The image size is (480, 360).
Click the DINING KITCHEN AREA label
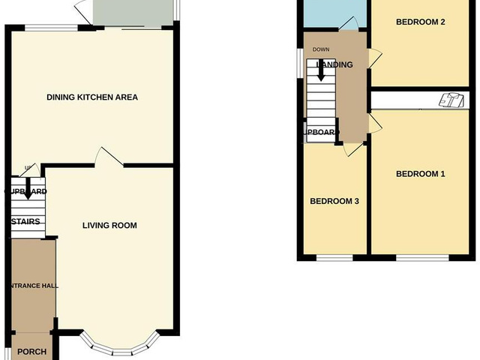[x=92, y=97]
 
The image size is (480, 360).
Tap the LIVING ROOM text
[x=109, y=225]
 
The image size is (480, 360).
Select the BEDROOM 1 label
[x=421, y=174]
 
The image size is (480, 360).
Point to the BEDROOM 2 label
[x=421, y=22]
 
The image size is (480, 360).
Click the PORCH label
[x=31, y=352]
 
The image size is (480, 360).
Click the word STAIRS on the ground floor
[x=25, y=221]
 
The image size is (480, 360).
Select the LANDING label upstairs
[x=334, y=65]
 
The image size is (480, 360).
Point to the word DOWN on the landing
[x=321, y=49]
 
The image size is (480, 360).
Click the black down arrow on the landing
[x=321, y=69]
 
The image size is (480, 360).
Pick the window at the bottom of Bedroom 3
[x=334, y=258]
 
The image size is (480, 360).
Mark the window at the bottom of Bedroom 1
[x=422, y=258]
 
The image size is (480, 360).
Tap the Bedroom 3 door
[x=351, y=149]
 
